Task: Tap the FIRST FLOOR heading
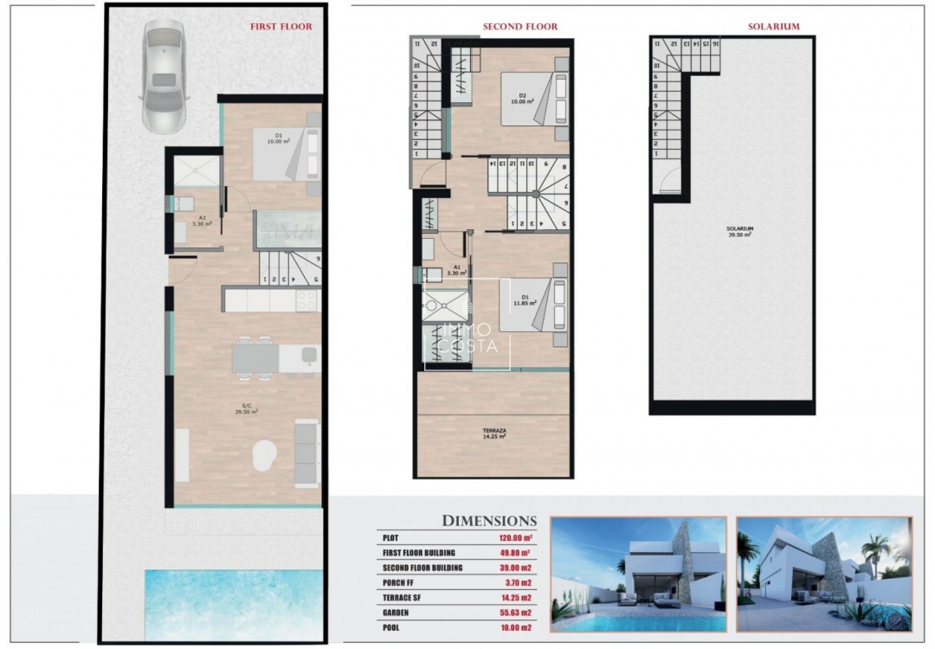point(281,27)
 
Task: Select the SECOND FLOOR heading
point(519,27)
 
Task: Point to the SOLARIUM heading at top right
point(774,27)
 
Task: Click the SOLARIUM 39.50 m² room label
point(739,231)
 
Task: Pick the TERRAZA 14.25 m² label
point(494,434)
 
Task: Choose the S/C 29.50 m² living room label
point(247,409)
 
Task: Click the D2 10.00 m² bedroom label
point(523,99)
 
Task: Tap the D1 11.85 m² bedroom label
point(524,301)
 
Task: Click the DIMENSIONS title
point(489,521)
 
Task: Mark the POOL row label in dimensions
point(392,628)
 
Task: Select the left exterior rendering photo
point(638,575)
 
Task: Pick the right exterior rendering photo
point(824,575)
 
